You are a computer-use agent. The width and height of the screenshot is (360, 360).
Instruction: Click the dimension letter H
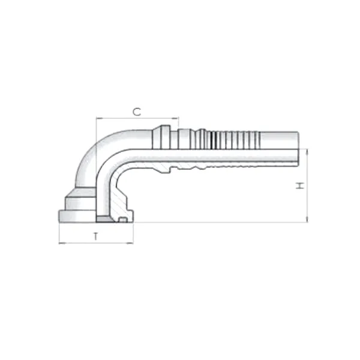[301, 185]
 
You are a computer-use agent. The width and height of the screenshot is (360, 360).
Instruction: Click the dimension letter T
[96, 236]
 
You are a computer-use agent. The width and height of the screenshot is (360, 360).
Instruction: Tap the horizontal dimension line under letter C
[137, 119]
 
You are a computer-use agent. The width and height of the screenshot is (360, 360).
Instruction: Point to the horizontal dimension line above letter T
[96, 243]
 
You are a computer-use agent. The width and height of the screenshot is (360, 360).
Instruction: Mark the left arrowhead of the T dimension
[61, 243]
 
